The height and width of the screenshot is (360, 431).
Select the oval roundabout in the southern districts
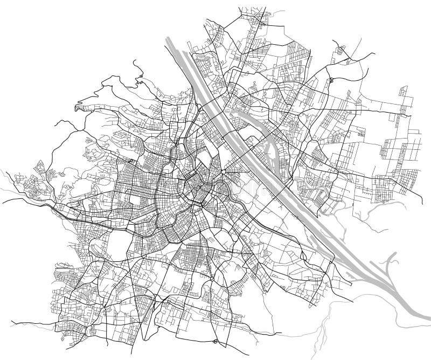[x=212, y=279]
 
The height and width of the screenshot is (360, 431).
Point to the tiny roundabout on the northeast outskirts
[x=332, y=81]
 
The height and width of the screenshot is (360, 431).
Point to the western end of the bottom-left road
[x=12, y=323]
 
